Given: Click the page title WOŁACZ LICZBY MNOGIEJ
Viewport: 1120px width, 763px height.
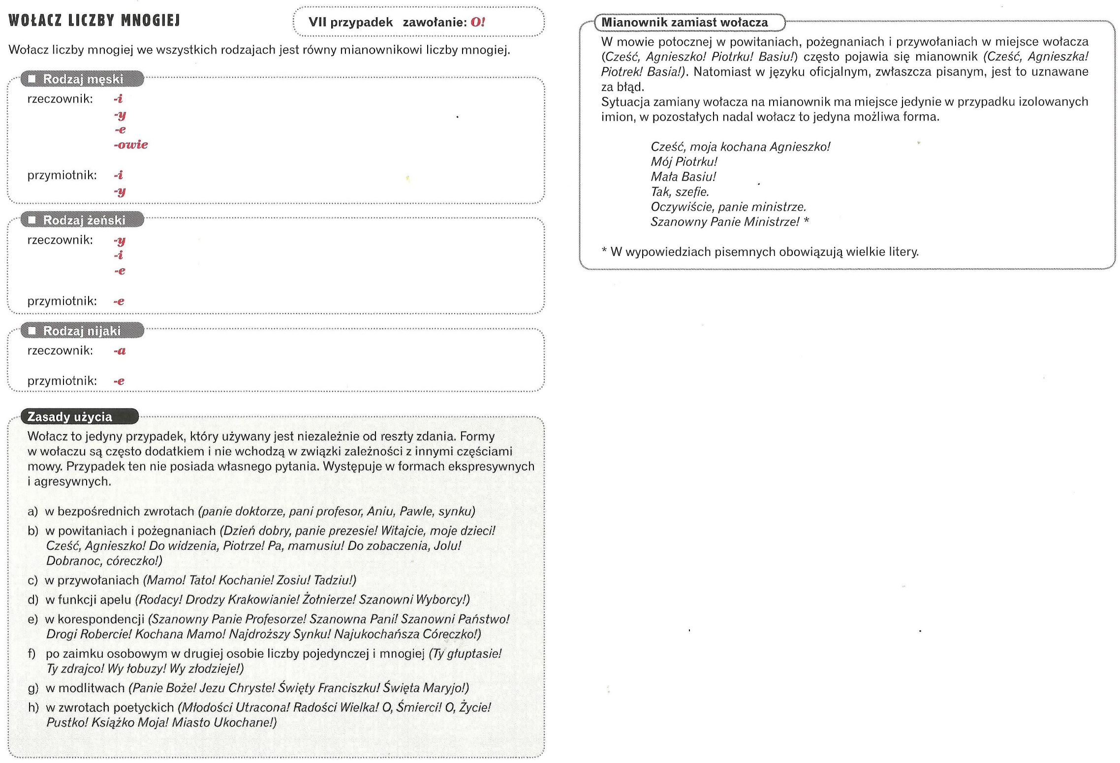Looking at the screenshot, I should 94,21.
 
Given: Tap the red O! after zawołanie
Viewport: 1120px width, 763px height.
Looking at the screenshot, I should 477,22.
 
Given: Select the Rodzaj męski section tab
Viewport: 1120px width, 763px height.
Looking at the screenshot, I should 83,79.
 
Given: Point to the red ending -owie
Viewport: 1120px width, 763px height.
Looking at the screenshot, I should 131,145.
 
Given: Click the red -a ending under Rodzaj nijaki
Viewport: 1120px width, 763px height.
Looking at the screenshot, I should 120,351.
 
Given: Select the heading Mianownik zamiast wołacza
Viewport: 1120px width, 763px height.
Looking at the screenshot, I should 684,22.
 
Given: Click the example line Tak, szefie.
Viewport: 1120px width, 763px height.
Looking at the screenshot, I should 680,192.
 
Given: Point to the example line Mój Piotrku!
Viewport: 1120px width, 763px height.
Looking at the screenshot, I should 684,161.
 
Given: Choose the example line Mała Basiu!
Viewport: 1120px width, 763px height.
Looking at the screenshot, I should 683,177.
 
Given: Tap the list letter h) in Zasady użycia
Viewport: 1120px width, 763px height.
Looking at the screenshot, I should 33,707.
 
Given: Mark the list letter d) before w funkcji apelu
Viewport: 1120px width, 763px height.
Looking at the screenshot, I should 33,600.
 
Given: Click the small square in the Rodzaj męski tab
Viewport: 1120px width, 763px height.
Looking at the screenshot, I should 32,79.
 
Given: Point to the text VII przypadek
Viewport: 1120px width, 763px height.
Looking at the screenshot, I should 350,22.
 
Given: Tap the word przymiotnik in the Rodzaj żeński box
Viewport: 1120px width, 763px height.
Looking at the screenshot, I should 62,301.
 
